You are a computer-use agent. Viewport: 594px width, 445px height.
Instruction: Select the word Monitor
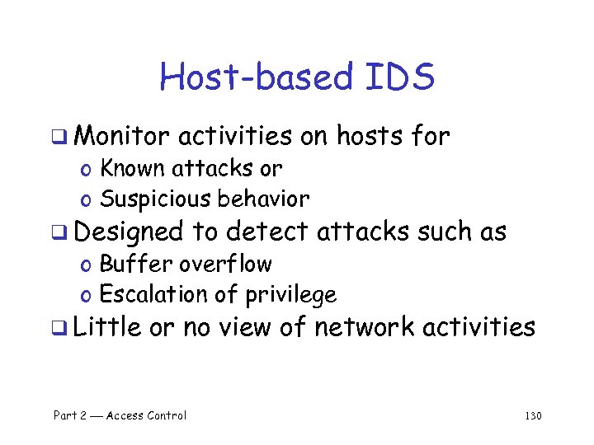click(125, 136)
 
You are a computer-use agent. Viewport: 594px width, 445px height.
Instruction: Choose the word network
click(365, 327)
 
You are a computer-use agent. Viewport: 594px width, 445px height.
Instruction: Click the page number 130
click(532, 415)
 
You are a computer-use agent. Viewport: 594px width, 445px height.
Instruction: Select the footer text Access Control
click(146, 415)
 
